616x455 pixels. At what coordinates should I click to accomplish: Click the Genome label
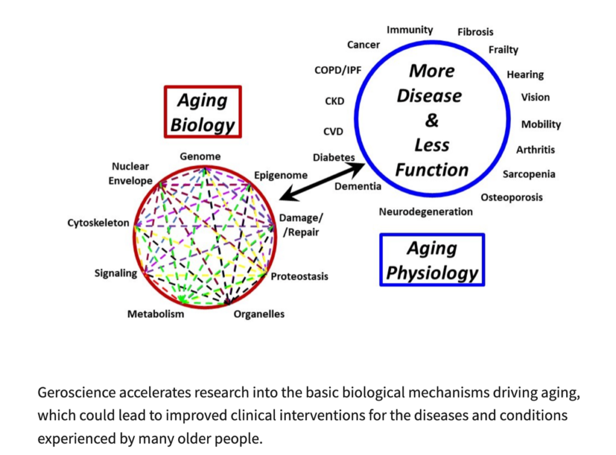tap(200, 156)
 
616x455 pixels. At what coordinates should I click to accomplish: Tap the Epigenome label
tap(280, 176)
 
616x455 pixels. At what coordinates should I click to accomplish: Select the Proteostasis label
tap(300, 276)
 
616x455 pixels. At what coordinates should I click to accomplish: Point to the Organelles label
tap(259, 314)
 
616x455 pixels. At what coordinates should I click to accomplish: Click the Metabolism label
tap(156, 314)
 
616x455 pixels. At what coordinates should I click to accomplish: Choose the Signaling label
tap(115, 273)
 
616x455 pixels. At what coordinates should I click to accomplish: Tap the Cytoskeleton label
tap(98, 223)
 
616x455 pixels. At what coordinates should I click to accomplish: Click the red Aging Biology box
tap(202, 112)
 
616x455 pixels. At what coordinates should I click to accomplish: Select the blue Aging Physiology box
tap(432, 260)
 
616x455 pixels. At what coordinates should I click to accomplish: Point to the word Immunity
tap(410, 29)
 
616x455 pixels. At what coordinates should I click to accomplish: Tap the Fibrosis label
tap(475, 32)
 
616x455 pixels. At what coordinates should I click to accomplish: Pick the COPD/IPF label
tap(337, 70)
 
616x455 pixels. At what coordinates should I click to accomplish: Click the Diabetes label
tap(333, 157)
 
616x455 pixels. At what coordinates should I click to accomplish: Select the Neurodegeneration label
tap(425, 212)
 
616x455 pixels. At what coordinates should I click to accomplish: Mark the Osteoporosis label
tap(511, 197)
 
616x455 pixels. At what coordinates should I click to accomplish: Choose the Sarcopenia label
tap(529, 174)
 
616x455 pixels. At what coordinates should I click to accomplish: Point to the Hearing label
tap(525, 75)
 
